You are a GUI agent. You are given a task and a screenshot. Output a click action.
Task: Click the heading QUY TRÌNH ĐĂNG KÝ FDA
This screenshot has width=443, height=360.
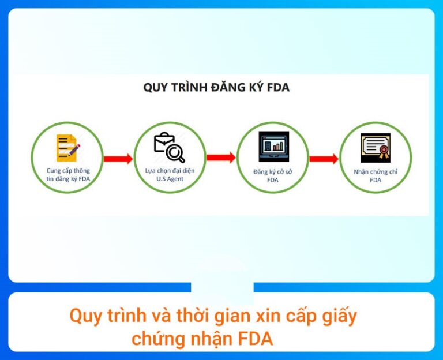tap(216, 88)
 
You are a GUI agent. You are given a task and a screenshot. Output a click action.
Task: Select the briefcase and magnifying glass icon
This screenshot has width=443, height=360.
tap(170, 147)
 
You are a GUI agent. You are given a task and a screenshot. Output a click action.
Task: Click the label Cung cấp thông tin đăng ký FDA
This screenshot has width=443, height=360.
tap(68, 175)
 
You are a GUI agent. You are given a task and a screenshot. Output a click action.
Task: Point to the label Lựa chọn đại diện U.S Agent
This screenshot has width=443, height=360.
tap(170, 175)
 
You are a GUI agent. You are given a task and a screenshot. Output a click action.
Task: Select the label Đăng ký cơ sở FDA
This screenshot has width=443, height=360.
tap(272, 176)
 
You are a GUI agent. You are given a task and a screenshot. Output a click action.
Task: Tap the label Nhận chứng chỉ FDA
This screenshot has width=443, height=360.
tap(376, 176)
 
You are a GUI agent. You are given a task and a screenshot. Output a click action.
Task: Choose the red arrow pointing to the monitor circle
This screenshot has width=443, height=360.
tap(221, 157)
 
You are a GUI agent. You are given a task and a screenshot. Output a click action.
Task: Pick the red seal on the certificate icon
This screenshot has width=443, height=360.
tap(384, 151)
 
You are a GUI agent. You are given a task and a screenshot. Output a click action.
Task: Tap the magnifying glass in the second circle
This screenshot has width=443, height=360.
tap(175, 152)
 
